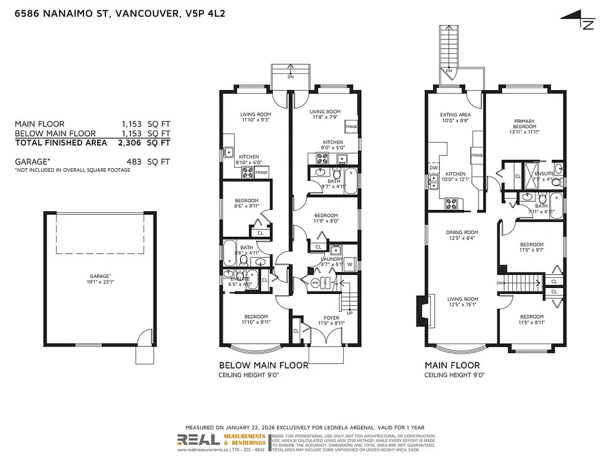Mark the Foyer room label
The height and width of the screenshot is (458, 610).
click(x=331, y=318)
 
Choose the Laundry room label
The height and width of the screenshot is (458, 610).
click(x=332, y=259)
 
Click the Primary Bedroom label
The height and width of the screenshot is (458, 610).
click(x=525, y=124)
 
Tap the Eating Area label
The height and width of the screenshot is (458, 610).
click(x=455, y=114)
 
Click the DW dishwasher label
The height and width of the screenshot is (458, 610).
click(x=433, y=168)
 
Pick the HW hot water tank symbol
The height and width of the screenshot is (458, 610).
click(x=313, y=282)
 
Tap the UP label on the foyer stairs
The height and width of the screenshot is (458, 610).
click(x=349, y=312)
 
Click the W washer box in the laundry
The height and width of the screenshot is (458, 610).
click(x=350, y=264)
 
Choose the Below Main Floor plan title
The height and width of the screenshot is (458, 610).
click(x=264, y=365)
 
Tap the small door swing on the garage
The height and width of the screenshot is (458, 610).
click(x=143, y=341)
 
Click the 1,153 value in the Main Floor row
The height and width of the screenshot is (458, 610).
click(x=132, y=123)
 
